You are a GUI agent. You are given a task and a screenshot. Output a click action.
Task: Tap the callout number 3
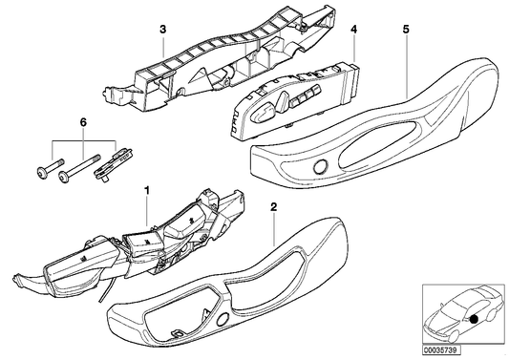pos(163,29)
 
